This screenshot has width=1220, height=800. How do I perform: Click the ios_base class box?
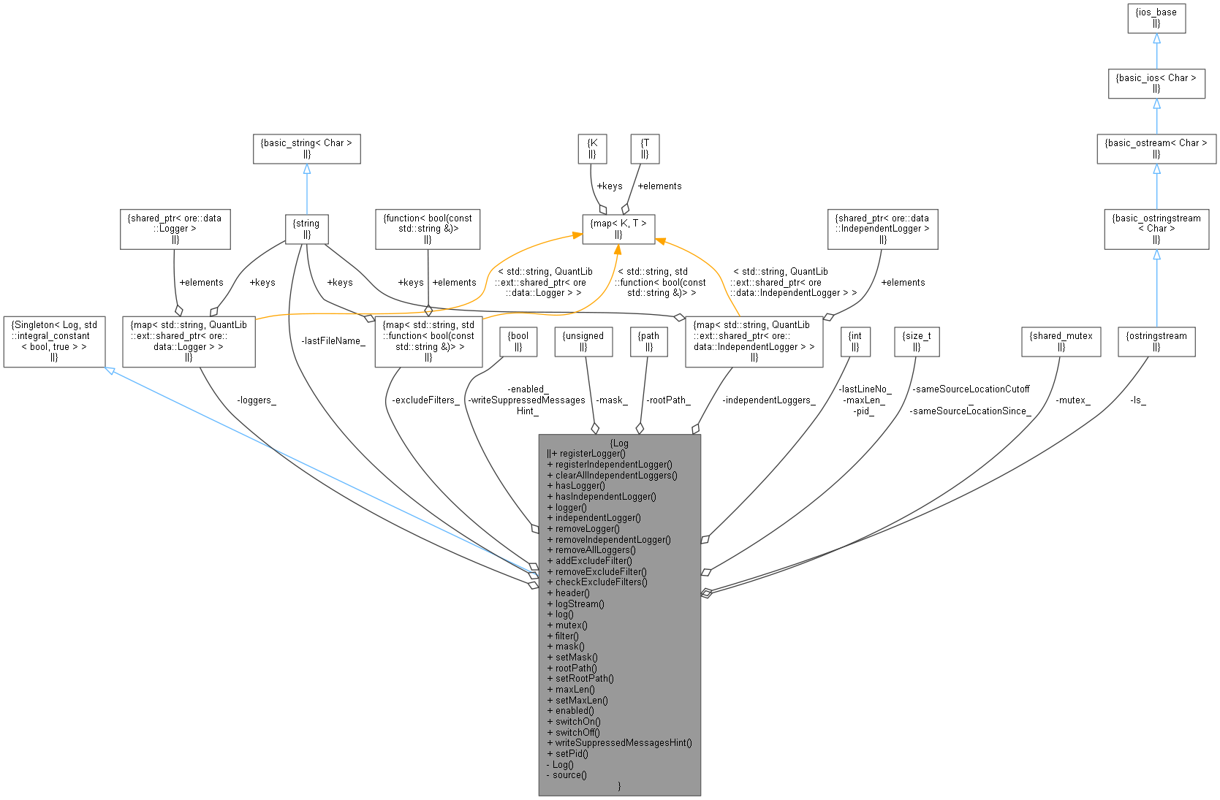(1156, 18)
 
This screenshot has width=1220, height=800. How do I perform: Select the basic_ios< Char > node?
(1156, 83)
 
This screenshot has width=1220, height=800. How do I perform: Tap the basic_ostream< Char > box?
(1156, 148)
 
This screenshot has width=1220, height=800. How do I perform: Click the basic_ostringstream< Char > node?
(1156, 228)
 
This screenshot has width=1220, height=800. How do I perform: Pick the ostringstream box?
(1156, 341)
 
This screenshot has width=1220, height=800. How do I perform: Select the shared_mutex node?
(1060, 341)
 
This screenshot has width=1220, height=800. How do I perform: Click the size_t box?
(916, 341)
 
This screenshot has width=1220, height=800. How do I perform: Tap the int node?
(855, 341)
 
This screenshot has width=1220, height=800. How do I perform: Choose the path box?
(648, 341)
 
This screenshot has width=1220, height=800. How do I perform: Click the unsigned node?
(583, 341)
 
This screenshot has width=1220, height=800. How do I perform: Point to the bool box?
(518, 341)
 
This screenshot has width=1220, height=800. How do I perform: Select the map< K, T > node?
(618, 229)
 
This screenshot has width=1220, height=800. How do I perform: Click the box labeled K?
(591, 148)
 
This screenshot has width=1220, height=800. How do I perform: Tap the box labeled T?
(644, 148)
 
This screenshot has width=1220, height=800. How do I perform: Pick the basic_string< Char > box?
(306, 148)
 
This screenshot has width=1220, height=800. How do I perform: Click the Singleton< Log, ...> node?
(54, 341)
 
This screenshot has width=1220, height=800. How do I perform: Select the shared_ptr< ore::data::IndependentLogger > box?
(882, 229)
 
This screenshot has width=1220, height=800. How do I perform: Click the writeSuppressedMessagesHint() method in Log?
(623, 742)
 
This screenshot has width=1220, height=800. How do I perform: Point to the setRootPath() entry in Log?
(584, 678)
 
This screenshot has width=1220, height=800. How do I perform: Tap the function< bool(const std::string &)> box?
(428, 229)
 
